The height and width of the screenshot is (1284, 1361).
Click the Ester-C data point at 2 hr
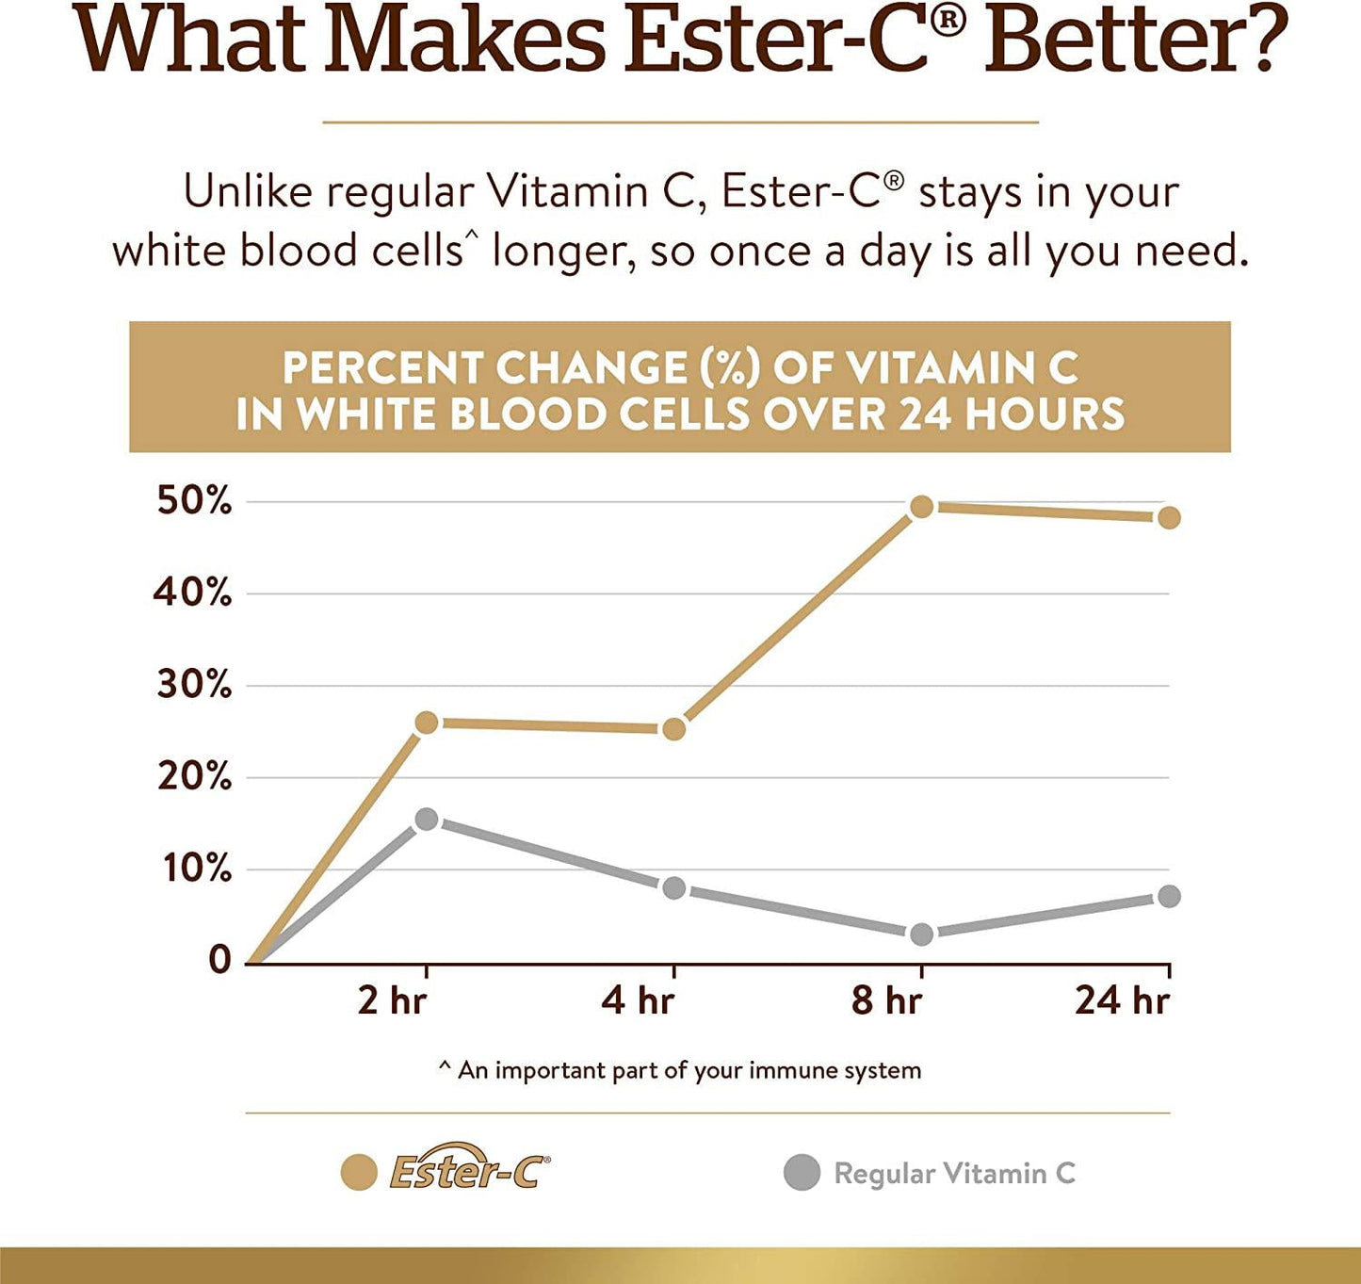point(427,723)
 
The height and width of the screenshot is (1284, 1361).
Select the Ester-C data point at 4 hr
point(674,728)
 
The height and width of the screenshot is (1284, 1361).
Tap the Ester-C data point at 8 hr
point(921,507)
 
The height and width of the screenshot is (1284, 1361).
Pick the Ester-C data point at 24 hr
point(1169,517)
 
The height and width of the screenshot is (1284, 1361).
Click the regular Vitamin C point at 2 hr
point(427,819)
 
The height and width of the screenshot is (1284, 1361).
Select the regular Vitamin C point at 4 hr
point(674,887)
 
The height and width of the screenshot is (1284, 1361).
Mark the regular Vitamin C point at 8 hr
point(921,934)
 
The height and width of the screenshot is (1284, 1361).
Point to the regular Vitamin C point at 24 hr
point(1169,896)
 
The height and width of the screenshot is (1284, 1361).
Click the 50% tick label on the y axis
point(194,501)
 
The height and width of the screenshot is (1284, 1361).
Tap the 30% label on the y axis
point(194,685)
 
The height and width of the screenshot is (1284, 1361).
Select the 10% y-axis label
point(196,869)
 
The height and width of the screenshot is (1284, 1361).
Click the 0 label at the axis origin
point(219,960)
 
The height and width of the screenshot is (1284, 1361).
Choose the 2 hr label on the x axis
point(392,1000)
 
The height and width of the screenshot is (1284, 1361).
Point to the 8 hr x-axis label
point(886,1000)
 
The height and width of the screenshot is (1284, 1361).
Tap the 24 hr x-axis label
point(1123,1000)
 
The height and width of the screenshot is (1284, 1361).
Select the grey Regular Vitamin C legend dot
point(802,1173)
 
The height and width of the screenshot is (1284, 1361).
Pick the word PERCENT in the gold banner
point(383,368)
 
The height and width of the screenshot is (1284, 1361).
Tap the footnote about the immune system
point(680,1070)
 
